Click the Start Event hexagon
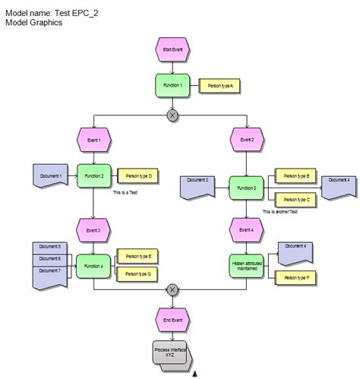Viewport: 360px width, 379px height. point(172,50)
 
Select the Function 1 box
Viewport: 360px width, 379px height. point(172,85)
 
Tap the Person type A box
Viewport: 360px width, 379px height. point(219,87)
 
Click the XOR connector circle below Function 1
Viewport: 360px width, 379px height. point(172,115)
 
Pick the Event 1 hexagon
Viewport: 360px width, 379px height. point(93,140)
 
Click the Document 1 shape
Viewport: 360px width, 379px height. point(51,176)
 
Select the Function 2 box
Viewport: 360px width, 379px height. point(94,176)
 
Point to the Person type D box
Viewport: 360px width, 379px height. point(138,176)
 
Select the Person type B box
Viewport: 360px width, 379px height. point(295,176)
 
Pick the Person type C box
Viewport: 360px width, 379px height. point(295,199)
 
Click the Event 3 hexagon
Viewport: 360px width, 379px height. point(93,229)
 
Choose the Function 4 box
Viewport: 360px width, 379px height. point(93,266)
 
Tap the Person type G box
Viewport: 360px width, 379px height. point(137,273)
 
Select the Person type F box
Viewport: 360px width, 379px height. point(295,279)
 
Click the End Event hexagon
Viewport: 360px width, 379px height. point(172,320)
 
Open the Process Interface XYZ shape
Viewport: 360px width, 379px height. point(171,352)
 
